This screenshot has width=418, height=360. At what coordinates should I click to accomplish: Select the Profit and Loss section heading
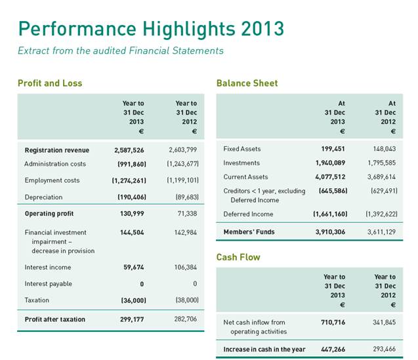click(x=50, y=83)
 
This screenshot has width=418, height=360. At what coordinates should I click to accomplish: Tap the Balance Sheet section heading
click(x=247, y=83)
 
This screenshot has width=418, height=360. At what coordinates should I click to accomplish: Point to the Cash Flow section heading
click(x=238, y=257)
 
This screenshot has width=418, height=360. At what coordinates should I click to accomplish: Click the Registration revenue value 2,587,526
click(x=129, y=150)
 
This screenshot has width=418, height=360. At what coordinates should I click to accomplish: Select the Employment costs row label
click(x=52, y=180)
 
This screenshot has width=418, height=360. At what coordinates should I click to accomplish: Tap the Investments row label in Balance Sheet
click(x=241, y=163)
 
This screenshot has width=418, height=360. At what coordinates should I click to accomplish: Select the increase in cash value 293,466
click(x=383, y=350)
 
